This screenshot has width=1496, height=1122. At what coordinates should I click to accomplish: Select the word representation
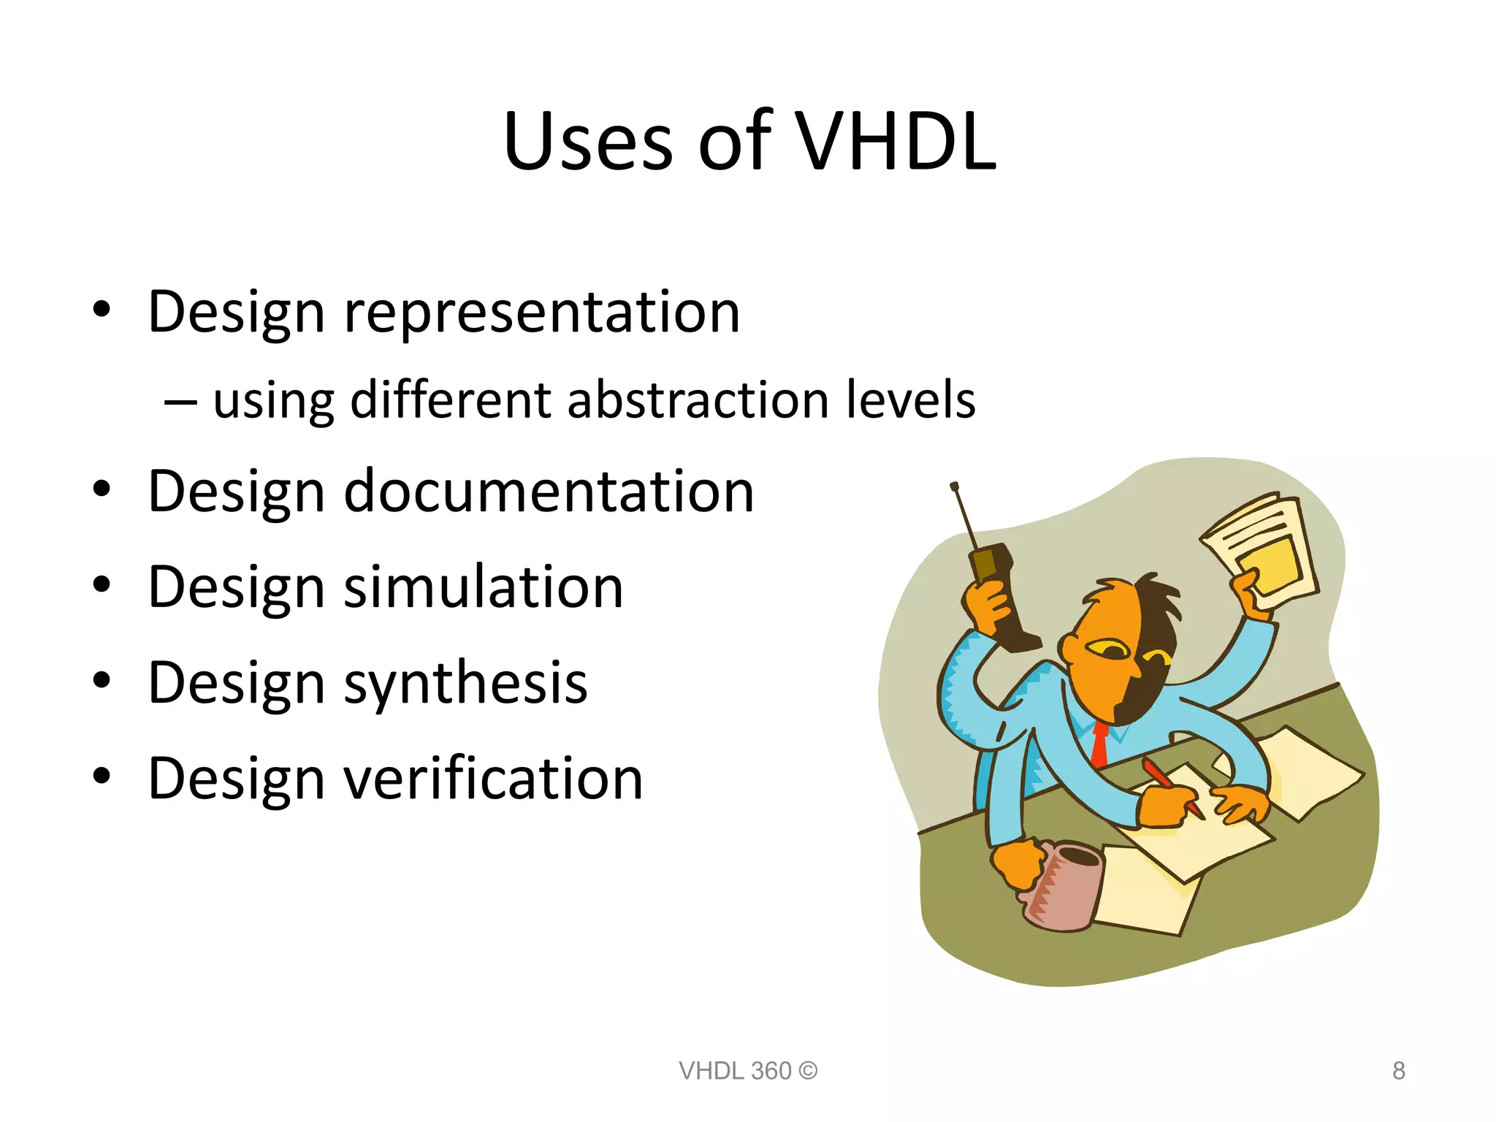click(542, 312)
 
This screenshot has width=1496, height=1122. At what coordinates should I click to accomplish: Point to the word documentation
click(549, 491)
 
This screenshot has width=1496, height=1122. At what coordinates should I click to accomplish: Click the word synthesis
click(465, 682)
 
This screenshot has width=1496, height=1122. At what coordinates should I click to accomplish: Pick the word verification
click(493, 778)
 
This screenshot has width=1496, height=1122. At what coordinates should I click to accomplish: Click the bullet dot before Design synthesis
click(102, 681)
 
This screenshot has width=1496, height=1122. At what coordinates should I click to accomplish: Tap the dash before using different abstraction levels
click(180, 402)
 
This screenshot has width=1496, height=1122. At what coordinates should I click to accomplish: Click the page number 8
click(1398, 1071)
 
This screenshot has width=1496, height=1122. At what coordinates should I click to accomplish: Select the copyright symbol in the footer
click(808, 1071)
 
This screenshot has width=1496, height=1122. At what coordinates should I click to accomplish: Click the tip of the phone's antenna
click(954, 486)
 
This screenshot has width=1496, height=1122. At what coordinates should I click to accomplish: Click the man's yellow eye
click(1107, 648)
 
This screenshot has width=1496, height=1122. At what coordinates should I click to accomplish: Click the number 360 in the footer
click(771, 1071)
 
